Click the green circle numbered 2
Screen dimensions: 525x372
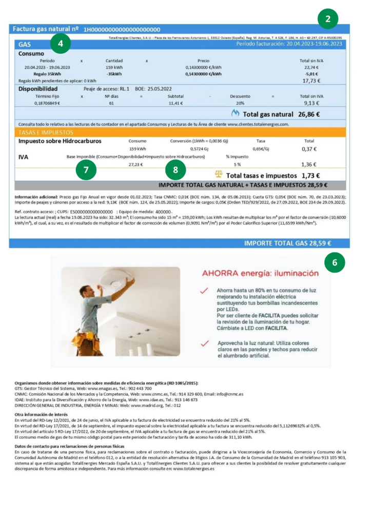click(327, 19)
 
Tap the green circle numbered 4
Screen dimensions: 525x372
click(61, 44)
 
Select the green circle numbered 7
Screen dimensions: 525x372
click(86, 170)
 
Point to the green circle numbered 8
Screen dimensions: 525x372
click(176, 170)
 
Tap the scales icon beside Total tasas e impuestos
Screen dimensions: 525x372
click(218, 175)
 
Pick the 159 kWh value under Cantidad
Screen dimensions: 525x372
click(114, 67)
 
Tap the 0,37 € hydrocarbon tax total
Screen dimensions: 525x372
click(309, 149)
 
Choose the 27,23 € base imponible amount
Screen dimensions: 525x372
click(135, 165)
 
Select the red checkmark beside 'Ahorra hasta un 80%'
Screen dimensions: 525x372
click(204, 290)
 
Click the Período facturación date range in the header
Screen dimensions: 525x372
click(289, 44)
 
